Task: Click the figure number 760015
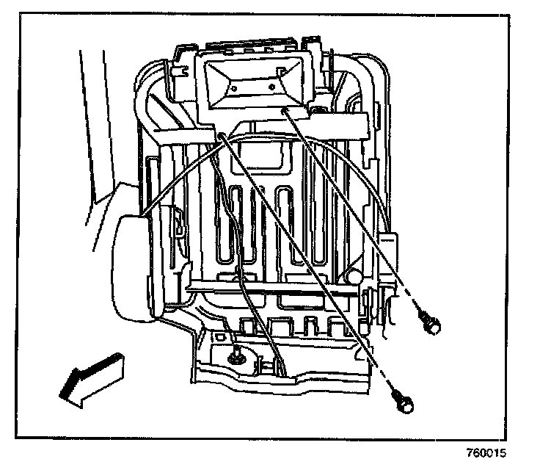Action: [x=485, y=453]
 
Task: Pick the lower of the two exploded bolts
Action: [x=404, y=400]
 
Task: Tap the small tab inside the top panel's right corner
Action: [x=282, y=71]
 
